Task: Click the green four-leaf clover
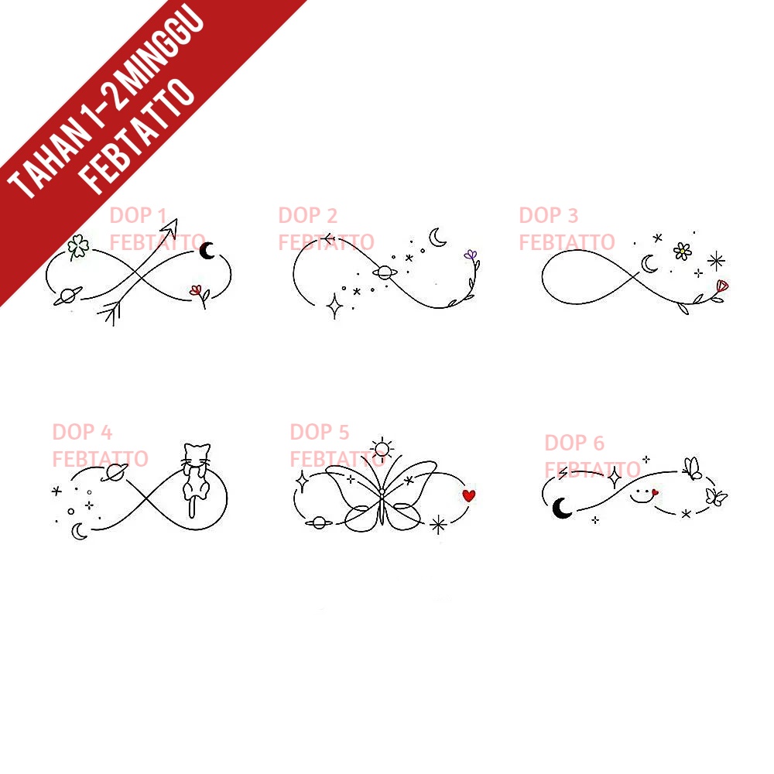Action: [x=77, y=247]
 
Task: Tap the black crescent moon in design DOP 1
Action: [x=207, y=251]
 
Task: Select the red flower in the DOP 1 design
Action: [x=197, y=290]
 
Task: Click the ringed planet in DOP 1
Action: [x=67, y=296]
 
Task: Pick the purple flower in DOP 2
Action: [x=470, y=255]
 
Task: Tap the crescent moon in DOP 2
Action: [x=438, y=237]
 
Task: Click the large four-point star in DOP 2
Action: [x=335, y=307]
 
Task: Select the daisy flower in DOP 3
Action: [x=682, y=251]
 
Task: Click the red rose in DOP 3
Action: [x=722, y=286]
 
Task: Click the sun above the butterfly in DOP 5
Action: [x=381, y=448]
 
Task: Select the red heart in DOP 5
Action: [x=468, y=496]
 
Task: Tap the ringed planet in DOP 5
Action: [x=318, y=522]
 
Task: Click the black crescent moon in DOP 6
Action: [x=562, y=507]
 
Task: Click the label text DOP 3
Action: [x=549, y=215]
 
